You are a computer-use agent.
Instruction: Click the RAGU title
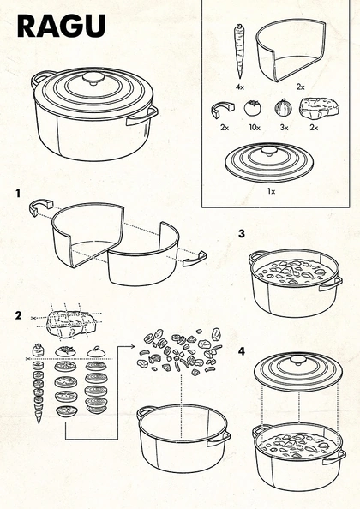[62, 26]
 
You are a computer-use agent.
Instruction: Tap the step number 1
[18, 194]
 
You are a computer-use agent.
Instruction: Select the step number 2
[19, 315]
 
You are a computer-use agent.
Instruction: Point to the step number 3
[242, 233]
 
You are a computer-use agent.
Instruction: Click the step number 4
[242, 351]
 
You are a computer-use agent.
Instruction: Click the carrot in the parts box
[239, 51]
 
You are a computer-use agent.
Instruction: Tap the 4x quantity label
[240, 87]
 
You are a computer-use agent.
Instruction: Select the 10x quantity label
[255, 128]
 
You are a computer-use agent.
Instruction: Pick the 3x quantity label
[284, 128]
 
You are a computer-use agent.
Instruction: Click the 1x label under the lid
[271, 191]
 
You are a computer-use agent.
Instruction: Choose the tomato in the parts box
[252, 108]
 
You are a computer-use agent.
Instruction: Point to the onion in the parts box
[284, 108]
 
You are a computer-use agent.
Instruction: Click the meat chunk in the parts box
[319, 109]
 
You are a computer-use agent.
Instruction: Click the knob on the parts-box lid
[268, 151]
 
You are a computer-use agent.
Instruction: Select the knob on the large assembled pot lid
[93, 79]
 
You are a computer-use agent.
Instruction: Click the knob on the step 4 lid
[297, 359]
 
